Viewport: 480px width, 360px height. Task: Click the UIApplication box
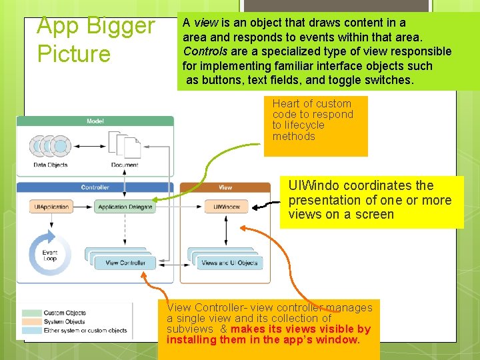coord(51,207)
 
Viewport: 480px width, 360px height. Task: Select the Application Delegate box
coord(125,207)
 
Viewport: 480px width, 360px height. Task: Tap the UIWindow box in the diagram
coord(226,207)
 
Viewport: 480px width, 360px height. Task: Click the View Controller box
coord(125,263)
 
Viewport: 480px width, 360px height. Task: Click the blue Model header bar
coord(95,121)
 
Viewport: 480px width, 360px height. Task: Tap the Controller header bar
coord(95,187)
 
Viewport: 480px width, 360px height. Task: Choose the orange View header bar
coord(225,187)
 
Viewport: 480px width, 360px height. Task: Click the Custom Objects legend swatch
coord(31,313)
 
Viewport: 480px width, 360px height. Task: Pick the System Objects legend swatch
coord(31,321)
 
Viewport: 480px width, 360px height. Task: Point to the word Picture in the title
coord(74,53)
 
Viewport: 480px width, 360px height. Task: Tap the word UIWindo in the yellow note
coord(313,185)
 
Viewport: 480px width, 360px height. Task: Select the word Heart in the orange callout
coord(285,103)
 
